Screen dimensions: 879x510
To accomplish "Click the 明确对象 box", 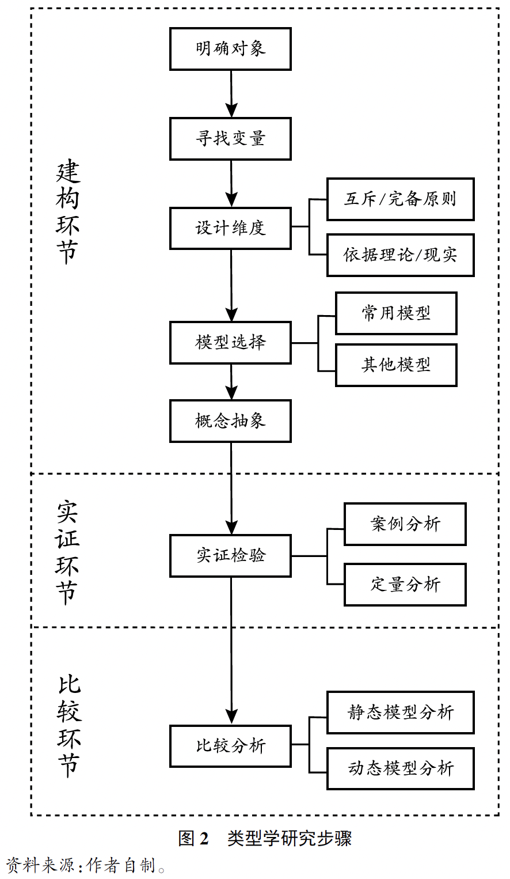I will point(230,49).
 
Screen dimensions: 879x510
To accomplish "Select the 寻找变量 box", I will point(230,139).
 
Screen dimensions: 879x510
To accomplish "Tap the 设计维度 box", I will point(230,228).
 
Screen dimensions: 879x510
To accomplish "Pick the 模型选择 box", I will point(230,343).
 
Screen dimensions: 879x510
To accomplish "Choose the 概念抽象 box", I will point(230,421).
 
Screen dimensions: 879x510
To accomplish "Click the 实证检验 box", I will point(230,556).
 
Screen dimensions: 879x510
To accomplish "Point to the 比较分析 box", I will point(230,746).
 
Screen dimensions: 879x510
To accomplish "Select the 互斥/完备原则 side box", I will point(400,199).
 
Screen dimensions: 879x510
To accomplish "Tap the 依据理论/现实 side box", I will point(400,255).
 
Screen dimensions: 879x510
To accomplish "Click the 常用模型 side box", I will point(396,313).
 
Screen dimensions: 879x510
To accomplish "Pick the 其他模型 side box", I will point(396,365).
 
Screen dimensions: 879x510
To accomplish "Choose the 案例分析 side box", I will point(405,524).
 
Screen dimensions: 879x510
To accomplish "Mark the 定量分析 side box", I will point(405,585).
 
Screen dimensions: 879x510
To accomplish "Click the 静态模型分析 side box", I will point(400,713).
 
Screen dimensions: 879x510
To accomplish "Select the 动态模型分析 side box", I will point(400,768).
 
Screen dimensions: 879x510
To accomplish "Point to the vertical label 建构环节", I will point(68,213).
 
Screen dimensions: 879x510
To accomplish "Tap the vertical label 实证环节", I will point(68,552).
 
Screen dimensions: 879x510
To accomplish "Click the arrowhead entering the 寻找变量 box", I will point(231,111).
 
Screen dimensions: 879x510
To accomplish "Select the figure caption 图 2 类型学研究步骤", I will point(265,838).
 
